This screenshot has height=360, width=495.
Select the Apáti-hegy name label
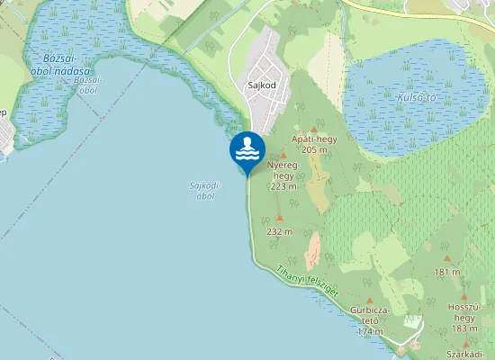point(314,139)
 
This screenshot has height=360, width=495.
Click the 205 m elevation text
point(314,149)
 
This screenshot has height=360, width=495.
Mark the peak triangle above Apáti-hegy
point(314,130)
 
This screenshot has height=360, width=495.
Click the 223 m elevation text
point(283,186)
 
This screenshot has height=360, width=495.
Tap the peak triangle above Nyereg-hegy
point(283,156)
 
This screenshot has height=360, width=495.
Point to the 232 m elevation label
point(280,231)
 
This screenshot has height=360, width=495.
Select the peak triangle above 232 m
point(279,218)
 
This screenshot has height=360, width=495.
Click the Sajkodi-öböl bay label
point(204,190)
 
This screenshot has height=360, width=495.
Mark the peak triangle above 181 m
point(446,259)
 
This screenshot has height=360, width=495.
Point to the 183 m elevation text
point(464,328)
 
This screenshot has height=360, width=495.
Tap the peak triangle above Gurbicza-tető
point(370,300)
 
